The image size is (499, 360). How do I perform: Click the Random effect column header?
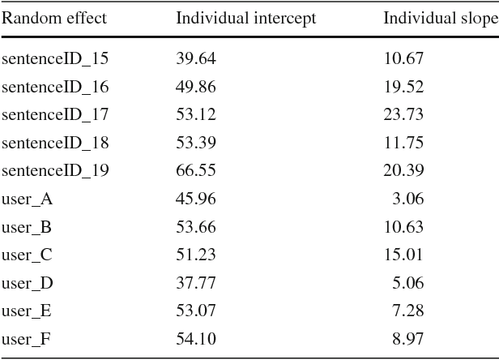(54, 18)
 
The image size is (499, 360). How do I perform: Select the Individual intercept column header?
(246, 18)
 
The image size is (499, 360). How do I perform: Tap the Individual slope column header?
(440, 18)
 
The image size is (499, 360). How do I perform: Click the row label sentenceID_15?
(56, 58)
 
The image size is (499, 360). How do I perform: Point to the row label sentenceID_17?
(56, 114)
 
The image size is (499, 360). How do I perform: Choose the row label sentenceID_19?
(56, 170)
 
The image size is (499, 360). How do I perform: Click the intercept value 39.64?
(196, 58)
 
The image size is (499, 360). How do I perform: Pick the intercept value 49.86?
(196, 87)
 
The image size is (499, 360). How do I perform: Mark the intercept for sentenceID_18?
(196, 143)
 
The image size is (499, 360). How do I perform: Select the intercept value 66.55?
(196, 170)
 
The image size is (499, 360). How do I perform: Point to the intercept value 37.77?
(196, 283)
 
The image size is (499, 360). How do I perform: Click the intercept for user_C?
(196, 255)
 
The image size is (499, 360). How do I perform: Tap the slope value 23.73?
(403, 114)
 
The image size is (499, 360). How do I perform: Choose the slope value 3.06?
(407, 199)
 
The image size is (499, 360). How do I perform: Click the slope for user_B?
(403, 227)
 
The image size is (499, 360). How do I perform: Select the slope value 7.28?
(407, 311)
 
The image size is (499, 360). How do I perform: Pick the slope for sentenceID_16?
(403, 87)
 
